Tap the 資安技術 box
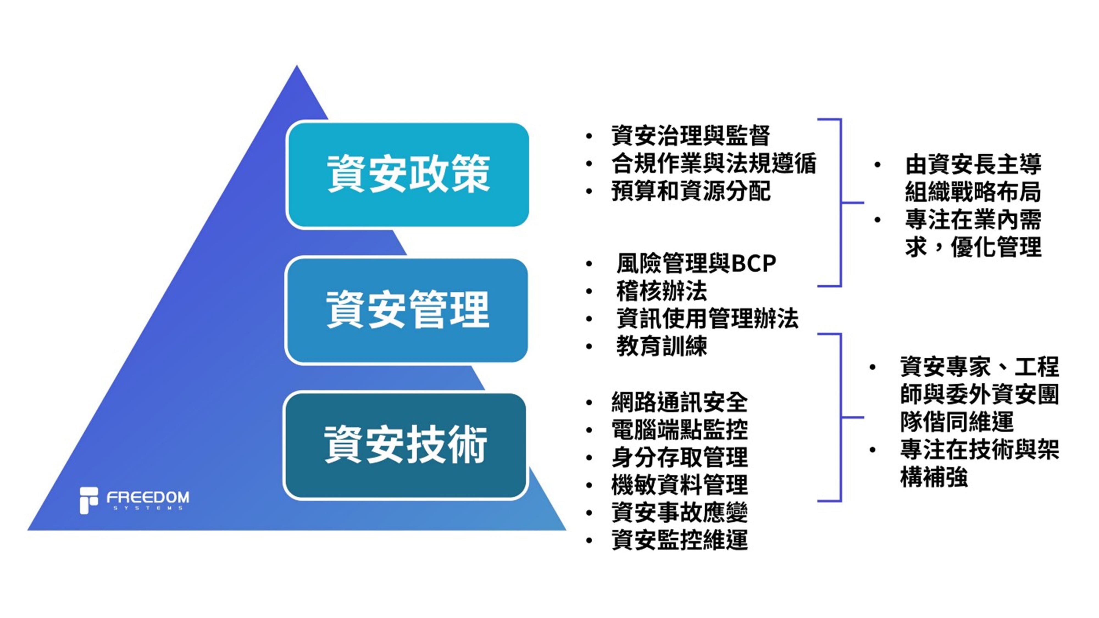405,446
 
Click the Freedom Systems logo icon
89,500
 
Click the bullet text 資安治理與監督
690,136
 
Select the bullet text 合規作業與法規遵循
713,164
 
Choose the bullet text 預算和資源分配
690,191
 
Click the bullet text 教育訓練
661,347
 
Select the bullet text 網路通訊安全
679,402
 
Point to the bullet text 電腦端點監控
679,430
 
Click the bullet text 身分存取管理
679,458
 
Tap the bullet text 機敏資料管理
679,485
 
